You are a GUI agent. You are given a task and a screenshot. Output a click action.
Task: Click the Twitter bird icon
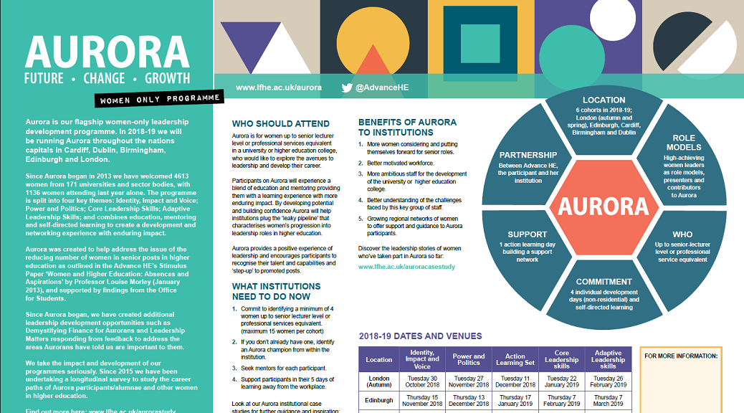pyautogui.click(x=348, y=87)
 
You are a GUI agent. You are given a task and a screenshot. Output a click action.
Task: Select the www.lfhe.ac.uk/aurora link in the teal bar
pyautogui.click(x=278, y=87)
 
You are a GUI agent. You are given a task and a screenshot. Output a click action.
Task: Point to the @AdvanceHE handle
pyautogui.click(x=381, y=87)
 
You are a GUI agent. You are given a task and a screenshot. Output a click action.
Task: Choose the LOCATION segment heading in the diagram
pyautogui.click(x=604, y=100)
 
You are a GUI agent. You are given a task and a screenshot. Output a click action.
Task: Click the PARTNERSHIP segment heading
pyautogui.click(x=528, y=155)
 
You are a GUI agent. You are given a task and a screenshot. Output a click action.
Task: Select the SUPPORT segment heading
pyautogui.click(x=527, y=234)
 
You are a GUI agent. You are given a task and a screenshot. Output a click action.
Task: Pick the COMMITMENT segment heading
pyautogui.click(x=604, y=282)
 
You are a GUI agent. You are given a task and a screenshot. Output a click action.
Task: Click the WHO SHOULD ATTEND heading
pyautogui.click(x=280, y=123)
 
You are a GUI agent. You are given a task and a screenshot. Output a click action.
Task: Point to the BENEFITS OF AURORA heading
pyautogui.click(x=406, y=127)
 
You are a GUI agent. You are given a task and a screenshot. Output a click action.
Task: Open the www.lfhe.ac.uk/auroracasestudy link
pyautogui.click(x=406, y=267)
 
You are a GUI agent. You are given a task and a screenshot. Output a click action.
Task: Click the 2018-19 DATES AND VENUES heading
pyautogui.click(x=420, y=336)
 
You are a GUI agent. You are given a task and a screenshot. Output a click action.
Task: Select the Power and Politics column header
pyautogui.click(x=469, y=359)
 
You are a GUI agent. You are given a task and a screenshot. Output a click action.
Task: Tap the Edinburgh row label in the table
pyautogui.click(x=378, y=400)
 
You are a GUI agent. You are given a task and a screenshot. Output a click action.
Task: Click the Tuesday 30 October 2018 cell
pyautogui.click(x=422, y=381)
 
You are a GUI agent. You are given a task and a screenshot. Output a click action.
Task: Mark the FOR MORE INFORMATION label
pyautogui.click(x=681, y=356)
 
